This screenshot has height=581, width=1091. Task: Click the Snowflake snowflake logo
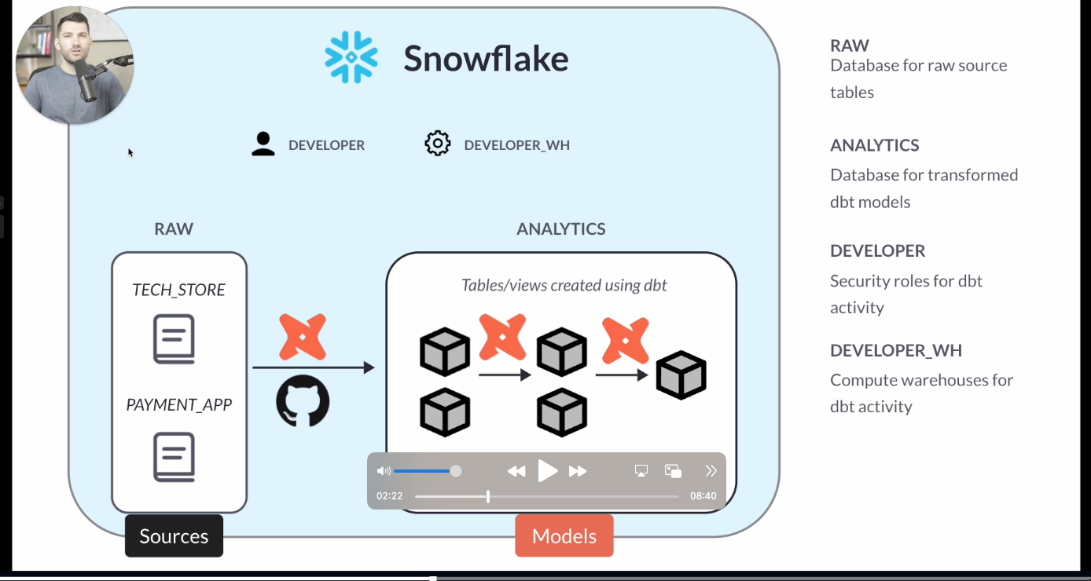pyautogui.click(x=351, y=57)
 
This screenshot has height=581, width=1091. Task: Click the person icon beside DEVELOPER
pyautogui.click(x=263, y=144)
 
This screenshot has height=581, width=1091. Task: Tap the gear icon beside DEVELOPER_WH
pyautogui.click(x=438, y=144)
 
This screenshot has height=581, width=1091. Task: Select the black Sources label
pyautogui.click(x=174, y=536)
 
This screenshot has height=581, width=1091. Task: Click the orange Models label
pyautogui.click(x=564, y=536)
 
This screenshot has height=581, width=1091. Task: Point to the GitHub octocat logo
pyautogui.click(x=303, y=400)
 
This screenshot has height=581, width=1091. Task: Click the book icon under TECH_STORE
pyautogui.click(x=174, y=339)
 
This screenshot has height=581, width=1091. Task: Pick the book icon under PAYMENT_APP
pyautogui.click(x=174, y=457)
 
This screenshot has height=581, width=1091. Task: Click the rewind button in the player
pyautogui.click(x=516, y=471)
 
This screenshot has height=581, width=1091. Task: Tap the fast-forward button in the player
pyautogui.click(x=578, y=471)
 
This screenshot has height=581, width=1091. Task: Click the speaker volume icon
pyautogui.click(x=384, y=471)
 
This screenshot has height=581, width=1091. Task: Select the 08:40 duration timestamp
pyautogui.click(x=703, y=496)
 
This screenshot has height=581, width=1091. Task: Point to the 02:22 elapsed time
pyautogui.click(x=390, y=496)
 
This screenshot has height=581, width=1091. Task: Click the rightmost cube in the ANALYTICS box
pyautogui.click(x=681, y=375)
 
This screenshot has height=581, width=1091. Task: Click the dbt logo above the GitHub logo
pyautogui.click(x=303, y=338)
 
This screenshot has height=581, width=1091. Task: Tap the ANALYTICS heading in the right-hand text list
pyautogui.click(x=874, y=145)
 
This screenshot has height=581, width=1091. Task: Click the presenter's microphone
pyautogui.click(x=87, y=80)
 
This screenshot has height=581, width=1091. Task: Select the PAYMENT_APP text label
pyautogui.click(x=179, y=405)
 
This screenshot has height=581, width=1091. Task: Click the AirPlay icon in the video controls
pyautogui.click(x=641, y=471)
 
